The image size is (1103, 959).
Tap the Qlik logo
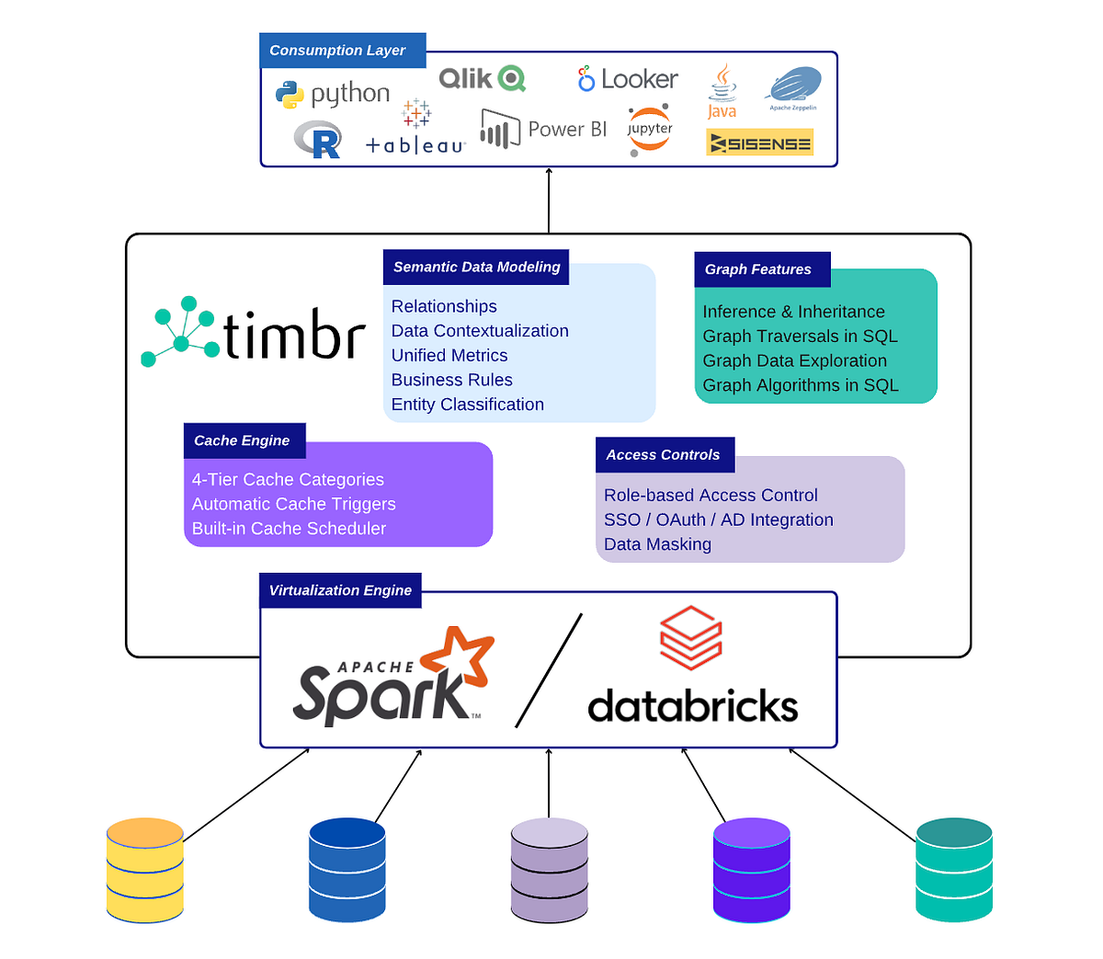(482, 79)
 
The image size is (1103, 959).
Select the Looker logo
(628, 80)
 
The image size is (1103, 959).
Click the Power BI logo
(543, 130)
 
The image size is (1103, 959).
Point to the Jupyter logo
(650, 131)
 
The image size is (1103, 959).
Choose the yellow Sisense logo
(759, 143)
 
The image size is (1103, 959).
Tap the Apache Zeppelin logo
(793, 89)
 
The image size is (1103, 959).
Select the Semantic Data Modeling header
(476, 267)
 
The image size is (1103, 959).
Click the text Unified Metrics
(449, 356)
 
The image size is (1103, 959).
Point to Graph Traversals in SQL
(800, 337)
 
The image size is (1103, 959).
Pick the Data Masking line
(657, 544)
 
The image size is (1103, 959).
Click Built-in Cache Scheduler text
(289, 529)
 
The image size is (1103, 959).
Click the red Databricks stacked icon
(691, 637)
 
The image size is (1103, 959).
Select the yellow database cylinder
(145, 870)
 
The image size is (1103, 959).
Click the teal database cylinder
(954, 870)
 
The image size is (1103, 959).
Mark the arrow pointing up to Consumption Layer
(549, 200)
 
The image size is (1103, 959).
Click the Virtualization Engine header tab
(340, 590)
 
